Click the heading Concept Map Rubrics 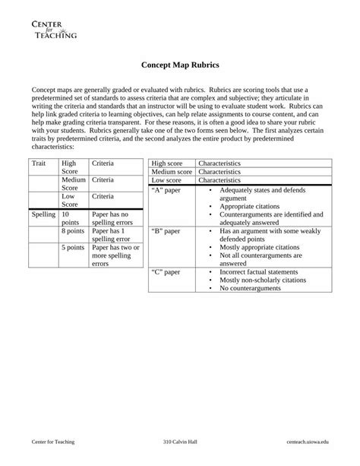pos(179,66)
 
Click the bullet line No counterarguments pos(250,288)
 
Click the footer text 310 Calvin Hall pos(180,442)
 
